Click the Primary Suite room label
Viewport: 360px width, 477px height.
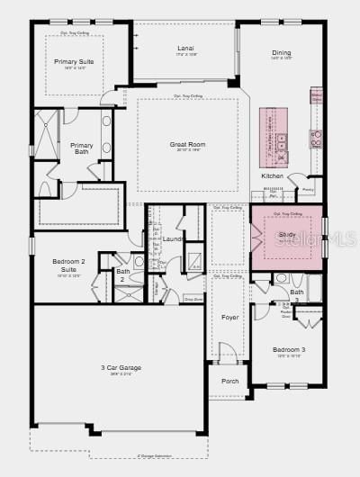coord(73,62)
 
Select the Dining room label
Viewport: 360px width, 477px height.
coord(281,53)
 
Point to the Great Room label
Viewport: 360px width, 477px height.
coord(187,144)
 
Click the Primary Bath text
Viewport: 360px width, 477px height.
coord(82,148)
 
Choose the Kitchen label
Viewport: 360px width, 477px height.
coord(272,175)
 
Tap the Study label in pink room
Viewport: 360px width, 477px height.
coord(286,235)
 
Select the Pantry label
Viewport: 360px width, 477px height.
coord(308,190)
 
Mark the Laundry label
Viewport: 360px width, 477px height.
coord(175,238)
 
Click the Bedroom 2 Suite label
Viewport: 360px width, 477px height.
coord(69,265)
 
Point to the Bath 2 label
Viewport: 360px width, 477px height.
coord(122,274)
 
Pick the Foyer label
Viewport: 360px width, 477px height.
coord(230,317)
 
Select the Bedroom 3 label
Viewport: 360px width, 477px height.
coord(290,349)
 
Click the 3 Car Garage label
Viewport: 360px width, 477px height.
coord(120,367)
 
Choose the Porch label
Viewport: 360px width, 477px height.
coord(230,381)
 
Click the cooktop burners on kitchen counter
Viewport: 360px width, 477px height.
coord(316,138)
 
